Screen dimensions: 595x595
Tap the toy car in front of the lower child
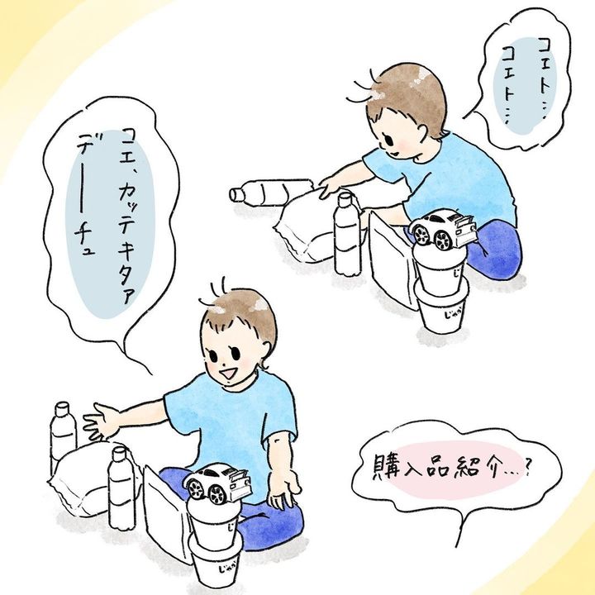coord(218,483)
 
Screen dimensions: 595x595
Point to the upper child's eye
coord(389,139)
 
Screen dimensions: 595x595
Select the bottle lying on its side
coord(270,192)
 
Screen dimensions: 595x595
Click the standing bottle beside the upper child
coord(347,234)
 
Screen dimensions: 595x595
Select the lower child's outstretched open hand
coord(100,422)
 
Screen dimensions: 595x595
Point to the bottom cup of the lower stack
coord(215,564)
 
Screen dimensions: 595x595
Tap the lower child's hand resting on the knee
coord(285,492)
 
